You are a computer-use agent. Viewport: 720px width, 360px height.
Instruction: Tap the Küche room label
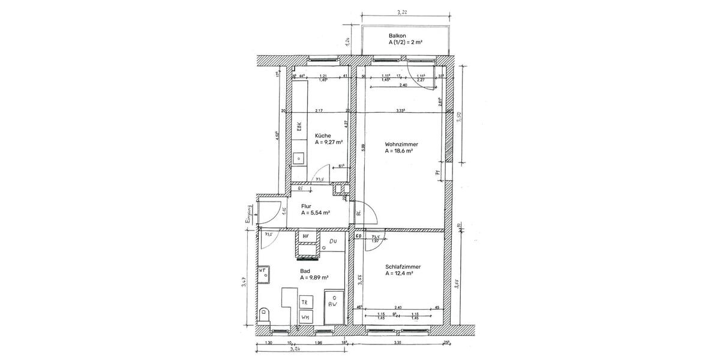[323, 136]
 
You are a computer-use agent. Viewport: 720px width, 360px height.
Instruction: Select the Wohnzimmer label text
[401, 144]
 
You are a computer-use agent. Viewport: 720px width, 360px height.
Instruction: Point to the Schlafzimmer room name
[403, 266]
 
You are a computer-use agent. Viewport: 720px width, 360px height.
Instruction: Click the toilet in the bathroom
[265, 313]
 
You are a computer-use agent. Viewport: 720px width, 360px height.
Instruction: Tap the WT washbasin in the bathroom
[263, 272]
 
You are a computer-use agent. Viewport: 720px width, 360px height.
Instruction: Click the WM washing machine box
[305, 317]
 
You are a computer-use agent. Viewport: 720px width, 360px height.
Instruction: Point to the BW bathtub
[332, 305]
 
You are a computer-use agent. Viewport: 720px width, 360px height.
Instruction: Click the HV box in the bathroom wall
[305, 236]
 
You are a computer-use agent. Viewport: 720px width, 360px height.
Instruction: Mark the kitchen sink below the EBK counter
[298, 159]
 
